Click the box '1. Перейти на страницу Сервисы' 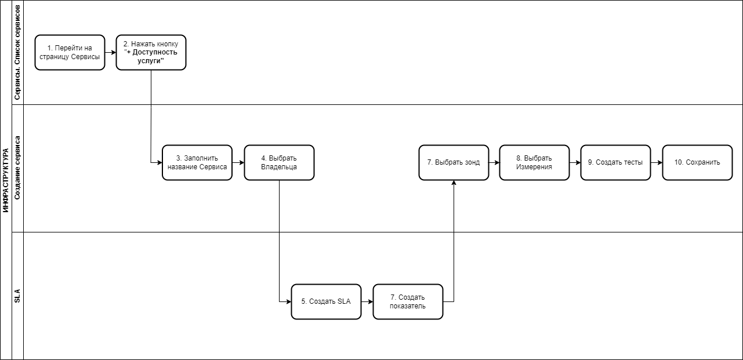(x=70, y=52)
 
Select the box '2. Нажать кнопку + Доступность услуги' (x=151, y=52)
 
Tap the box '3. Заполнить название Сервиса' (x=197, y=162)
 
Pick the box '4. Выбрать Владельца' (x=279, y=162)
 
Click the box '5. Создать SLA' (x=326, y=301)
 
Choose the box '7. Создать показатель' (x=408, y=301)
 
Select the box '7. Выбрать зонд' (x=454, y=162)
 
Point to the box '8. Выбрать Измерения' (x=534, y=162)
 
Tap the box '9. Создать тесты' (x=615, y=162)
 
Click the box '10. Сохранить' (x=697, y=162)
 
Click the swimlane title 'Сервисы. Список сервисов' (x=17, y=52)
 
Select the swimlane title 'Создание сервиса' (x=17, y=168)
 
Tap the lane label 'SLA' (x=17, y=296)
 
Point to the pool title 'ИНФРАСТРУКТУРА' (x=6, y=180)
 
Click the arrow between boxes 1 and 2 (x=110, y=52)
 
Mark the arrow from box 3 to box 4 (x=238, y=162)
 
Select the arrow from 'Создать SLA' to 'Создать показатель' (x=367, y=301)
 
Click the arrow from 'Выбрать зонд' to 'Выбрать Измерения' (x=494, y=162)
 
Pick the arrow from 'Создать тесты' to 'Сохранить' (x=657, y=162)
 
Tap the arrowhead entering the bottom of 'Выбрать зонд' (x=454, y=183)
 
